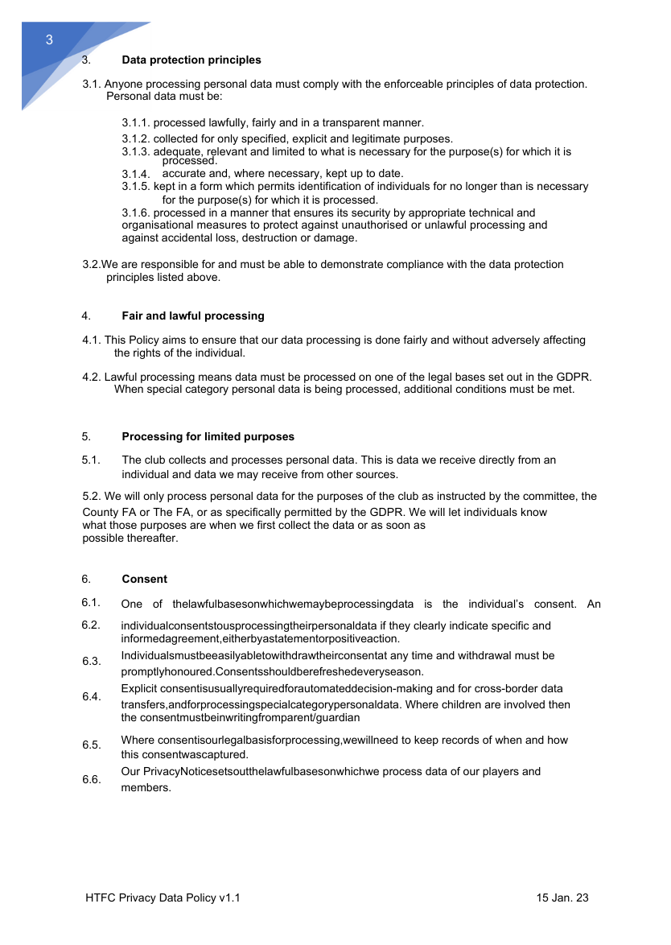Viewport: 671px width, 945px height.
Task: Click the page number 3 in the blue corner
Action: (x=49, y=41)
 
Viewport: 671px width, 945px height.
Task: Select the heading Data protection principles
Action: (x=191, y=60)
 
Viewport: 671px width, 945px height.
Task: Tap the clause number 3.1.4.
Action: (x=136, y=175)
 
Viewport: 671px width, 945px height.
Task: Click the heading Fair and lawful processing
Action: (x=193, y=316)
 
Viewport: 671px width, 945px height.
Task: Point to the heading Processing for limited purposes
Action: (x=208, y=437)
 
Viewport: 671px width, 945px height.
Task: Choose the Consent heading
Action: (x=145, y=580)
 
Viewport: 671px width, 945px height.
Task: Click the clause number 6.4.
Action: (x=91, y=697)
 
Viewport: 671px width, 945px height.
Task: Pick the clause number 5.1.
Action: (x=91, y=460)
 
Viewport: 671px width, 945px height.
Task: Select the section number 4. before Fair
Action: (x=85, y=316)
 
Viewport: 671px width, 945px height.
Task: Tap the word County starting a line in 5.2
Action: (x=101, y=513)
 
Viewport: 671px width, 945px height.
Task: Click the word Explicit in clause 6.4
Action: (x=138, y=689)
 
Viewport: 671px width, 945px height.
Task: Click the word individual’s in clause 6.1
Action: (x=522, y=605)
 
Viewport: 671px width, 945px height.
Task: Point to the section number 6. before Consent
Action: (x=85, y=580)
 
